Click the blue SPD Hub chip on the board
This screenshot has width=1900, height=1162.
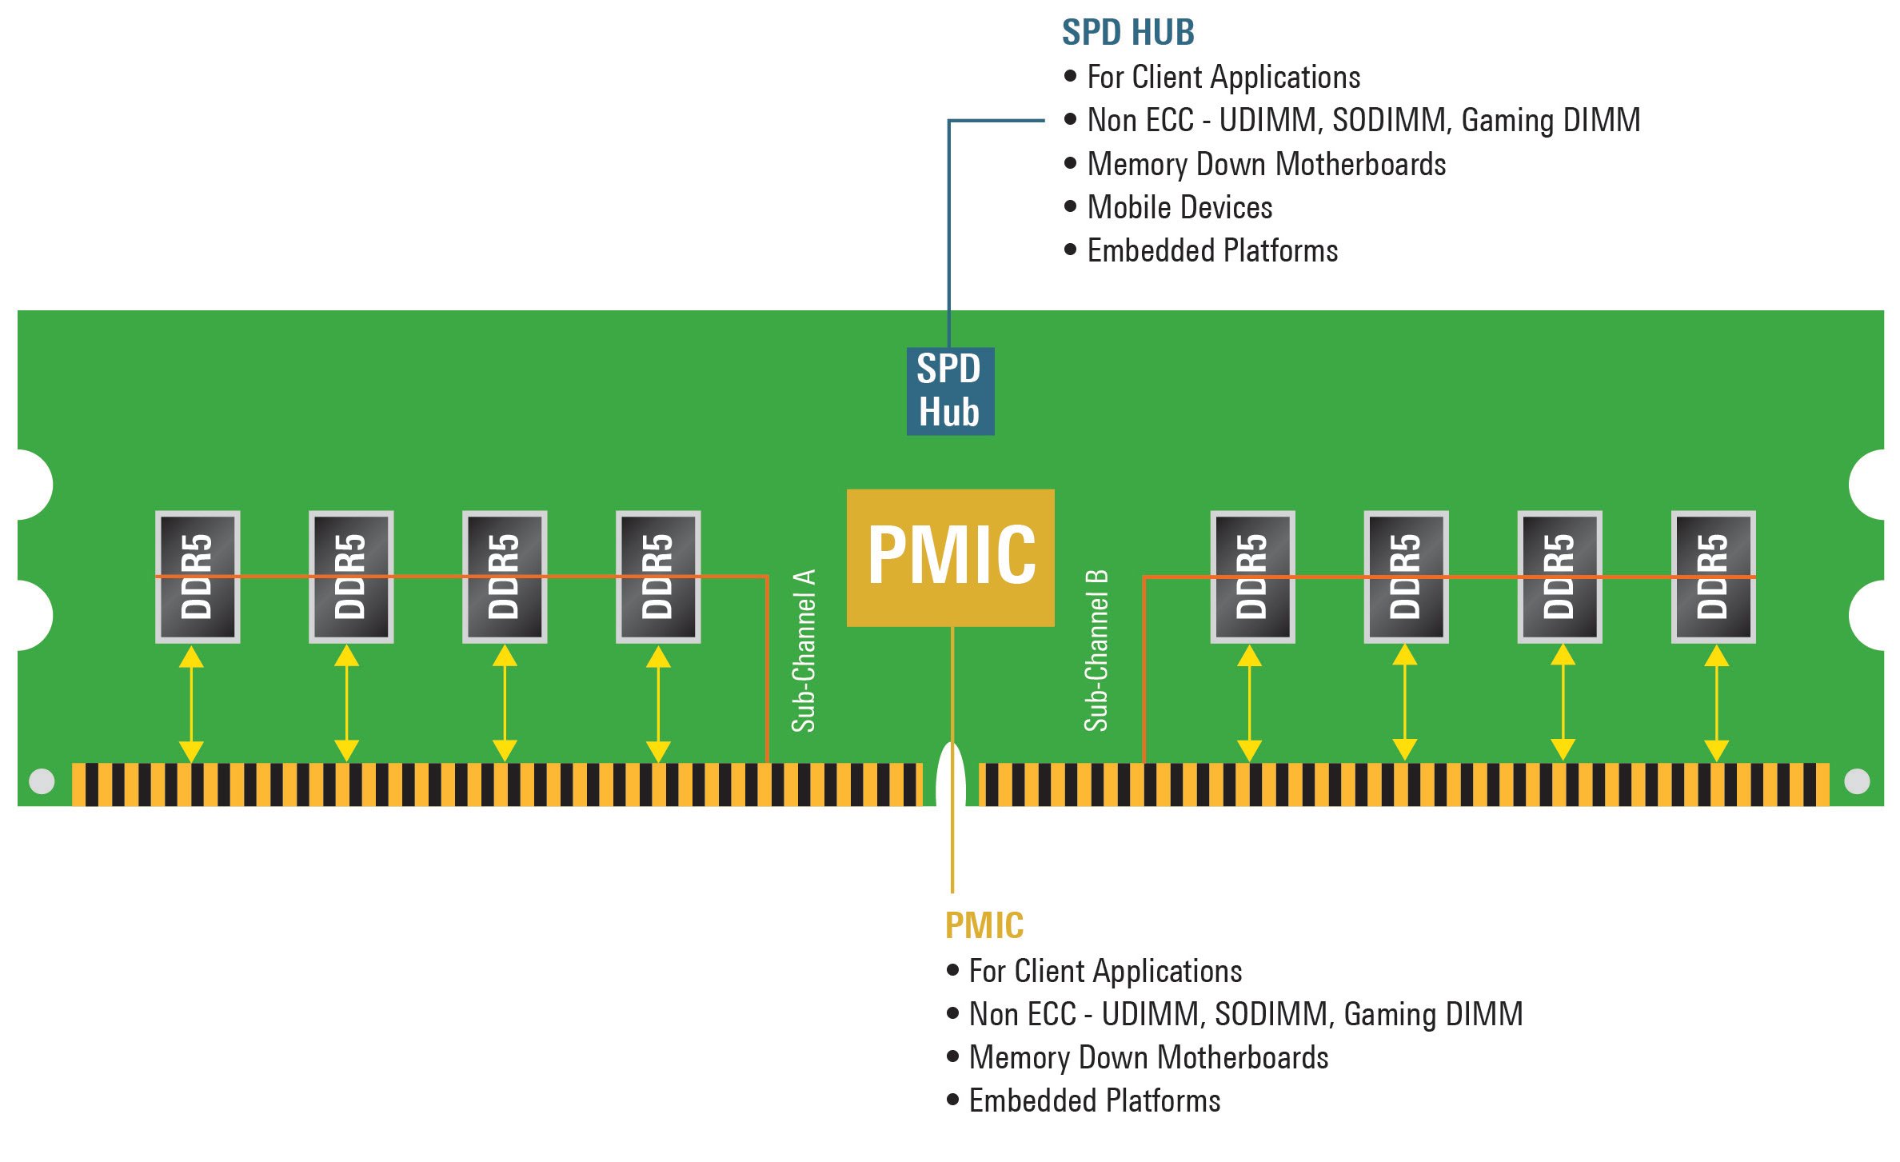point(950,391)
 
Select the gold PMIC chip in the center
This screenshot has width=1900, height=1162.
point(950,557)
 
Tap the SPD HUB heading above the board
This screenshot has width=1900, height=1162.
point(1128,33)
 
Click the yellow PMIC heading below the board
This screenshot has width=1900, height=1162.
point(984,925)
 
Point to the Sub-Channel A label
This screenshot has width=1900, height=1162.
point(804,650)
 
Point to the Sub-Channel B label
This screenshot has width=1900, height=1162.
point(1096,650)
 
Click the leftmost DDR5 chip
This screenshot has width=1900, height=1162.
point(198,577)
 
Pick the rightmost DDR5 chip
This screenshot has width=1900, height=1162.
point(1713,577)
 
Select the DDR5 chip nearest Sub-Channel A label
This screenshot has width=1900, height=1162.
point(658,577)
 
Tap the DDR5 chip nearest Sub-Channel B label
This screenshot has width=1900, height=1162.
point(1252,577)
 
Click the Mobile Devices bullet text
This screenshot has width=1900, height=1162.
point(1180,207)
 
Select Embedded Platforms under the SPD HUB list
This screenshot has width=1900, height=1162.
point(1212,251)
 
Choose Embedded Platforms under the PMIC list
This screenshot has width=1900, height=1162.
point(1094,1101)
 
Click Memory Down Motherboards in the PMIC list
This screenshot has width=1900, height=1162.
point(1148,1057)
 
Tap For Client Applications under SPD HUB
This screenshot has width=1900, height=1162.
point(1223,78)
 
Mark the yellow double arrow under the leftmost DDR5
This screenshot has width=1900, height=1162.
point(191,704)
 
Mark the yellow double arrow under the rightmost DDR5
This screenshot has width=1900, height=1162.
point(1716,704)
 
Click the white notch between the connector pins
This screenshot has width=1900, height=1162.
point(951,776)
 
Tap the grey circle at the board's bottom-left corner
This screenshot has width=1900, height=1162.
point(42,781)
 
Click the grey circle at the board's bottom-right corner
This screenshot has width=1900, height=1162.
point(1857,781)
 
